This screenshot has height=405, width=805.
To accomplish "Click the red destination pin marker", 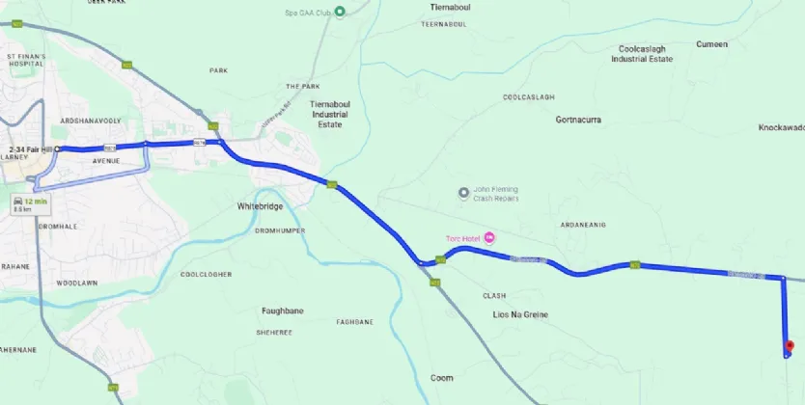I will (x=789, y=346).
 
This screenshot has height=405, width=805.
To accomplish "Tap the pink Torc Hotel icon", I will (x=489, y=237).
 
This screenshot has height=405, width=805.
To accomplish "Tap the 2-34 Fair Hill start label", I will (x=29, y=148).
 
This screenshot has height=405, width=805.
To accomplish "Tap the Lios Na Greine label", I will (x=519, y=315).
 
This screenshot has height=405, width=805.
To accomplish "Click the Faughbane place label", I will (x=284, y=310).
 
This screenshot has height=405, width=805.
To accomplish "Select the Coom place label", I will (x=441, y=377).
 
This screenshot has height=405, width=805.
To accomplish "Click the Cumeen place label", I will (x=711, y=43).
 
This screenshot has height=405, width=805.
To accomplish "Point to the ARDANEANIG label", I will (x=583, y=224).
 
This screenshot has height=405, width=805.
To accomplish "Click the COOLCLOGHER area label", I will (x=206, y=274).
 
